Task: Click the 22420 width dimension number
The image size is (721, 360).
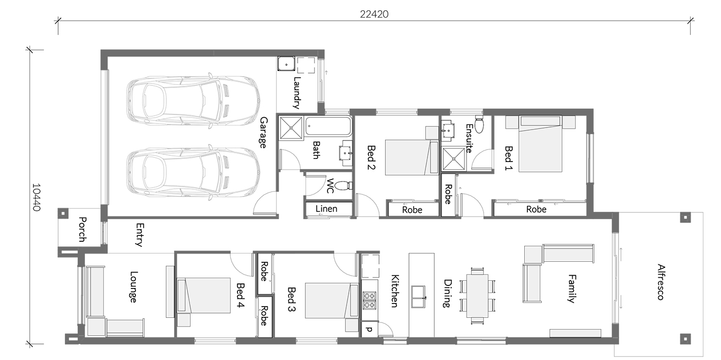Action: click(374, 14)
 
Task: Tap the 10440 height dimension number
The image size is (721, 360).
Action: click(37, 197)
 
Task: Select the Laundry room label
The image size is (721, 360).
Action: click(297, 93)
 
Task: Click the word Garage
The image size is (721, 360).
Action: click(263, 133)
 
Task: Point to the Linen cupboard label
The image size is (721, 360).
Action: click(327, 209)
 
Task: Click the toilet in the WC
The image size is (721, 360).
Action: click(344, 186)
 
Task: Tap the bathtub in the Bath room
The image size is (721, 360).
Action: click(328, 126)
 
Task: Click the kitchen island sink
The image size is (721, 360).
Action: click(418, 297)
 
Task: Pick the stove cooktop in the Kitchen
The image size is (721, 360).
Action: click(370, 300)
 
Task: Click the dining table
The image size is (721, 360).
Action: click(477, 296)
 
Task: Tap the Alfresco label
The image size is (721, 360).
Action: click(660, 282)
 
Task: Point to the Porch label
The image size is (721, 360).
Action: click(82, 229)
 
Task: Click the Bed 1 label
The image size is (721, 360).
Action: click(508, 158)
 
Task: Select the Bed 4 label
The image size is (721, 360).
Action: click(240, 295)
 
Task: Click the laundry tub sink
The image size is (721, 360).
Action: click(286, 64)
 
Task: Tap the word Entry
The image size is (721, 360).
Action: click(140, 235)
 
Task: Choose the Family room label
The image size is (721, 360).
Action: click(572, 289)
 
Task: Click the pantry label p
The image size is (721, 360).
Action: click(369, 330)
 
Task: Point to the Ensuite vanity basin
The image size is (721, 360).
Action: click(448, 131)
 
